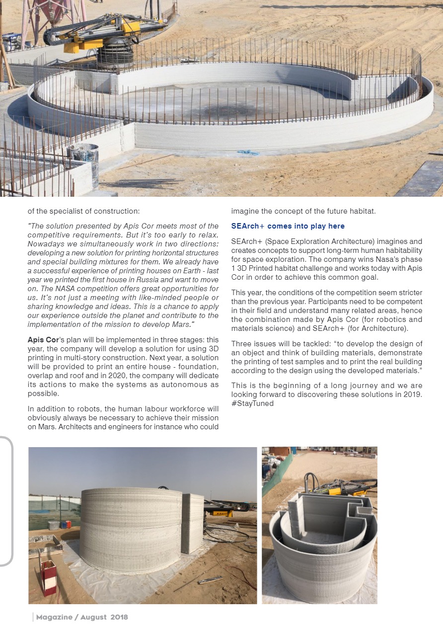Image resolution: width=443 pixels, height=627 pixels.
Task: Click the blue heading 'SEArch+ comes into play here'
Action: coord(288,226)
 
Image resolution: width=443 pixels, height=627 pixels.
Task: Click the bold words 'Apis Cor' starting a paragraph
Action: coord(43,340)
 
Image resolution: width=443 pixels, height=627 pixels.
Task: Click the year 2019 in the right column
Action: coord(412,394)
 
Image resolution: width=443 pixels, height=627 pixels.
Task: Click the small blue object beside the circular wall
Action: coord(248,152)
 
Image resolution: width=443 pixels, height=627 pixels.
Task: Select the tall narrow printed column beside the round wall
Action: coord(192,523)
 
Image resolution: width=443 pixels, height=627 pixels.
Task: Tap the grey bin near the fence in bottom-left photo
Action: coord(53,525)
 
